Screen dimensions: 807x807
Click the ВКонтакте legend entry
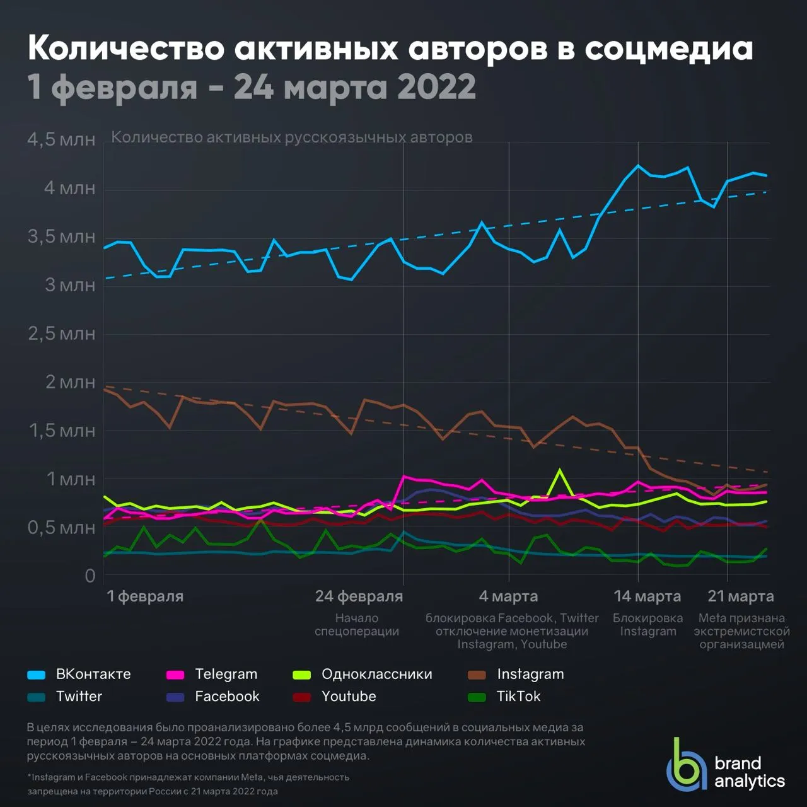(79, 674)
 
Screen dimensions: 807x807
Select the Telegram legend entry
(211, 674)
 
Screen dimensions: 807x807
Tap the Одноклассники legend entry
(363, 674)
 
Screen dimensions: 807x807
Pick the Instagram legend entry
(516, 674)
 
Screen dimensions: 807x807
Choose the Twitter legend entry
(64, 697)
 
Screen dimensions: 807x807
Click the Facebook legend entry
(212, 697)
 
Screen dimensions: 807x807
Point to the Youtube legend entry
(334, 697)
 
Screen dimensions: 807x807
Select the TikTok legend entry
(504, 697)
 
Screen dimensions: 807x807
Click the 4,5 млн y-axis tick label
(61, 139)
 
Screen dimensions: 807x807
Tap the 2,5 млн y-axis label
(62, 334)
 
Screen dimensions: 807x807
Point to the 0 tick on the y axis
(90, 576)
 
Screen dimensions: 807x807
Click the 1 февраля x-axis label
(145, 596)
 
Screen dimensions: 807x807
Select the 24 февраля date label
(359, 596)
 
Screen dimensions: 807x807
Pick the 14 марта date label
(647, 596)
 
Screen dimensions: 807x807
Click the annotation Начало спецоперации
(357, 624)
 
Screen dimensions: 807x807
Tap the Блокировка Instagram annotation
(648, 624)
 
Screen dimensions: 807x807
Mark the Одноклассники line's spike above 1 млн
(559, 470)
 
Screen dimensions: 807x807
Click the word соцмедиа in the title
(669, 48)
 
